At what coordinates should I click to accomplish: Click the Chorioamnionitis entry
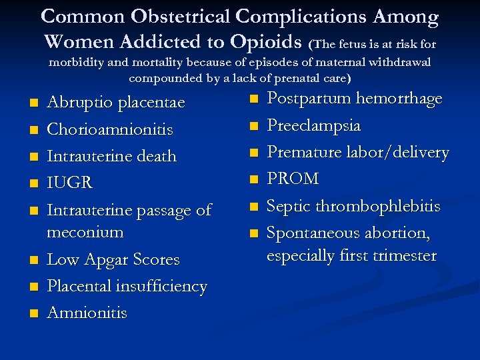110,129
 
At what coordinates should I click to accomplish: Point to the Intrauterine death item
111,156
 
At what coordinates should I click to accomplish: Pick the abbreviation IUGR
70,183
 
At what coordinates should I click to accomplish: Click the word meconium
85,233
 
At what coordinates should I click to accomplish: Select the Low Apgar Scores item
113,259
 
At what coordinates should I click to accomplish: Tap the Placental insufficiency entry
127,286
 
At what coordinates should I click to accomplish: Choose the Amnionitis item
87,313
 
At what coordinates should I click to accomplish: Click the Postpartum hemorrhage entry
355,99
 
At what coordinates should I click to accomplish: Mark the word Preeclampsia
314,125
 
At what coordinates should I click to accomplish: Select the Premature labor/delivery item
358,152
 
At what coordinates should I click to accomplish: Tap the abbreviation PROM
293,179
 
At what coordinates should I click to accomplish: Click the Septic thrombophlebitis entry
353,206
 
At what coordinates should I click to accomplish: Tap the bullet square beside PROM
253,179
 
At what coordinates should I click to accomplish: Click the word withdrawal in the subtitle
398,62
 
